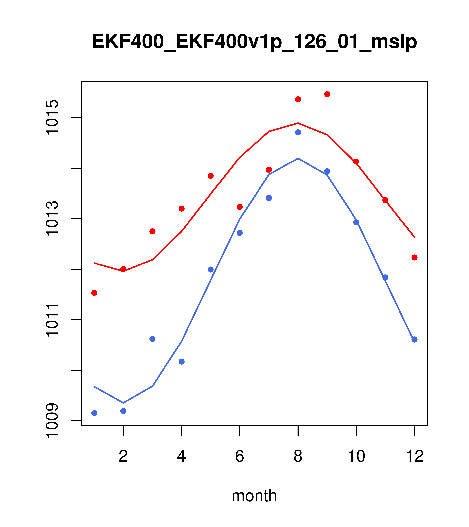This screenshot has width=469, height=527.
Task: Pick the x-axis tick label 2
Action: point(123,456)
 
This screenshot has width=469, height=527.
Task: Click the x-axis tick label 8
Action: point(298,456)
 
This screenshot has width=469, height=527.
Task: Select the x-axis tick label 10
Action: point(356,456)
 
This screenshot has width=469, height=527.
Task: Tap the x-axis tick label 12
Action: point(415,456)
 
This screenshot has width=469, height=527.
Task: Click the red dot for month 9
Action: point(327,94)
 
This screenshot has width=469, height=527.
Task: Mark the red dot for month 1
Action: point(94,293)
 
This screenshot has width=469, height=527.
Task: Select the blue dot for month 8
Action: point(298,132)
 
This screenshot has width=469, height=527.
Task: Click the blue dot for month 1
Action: point(94,413)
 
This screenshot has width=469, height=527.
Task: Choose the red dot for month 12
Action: point(415,257)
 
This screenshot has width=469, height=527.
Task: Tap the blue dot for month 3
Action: point(153,339)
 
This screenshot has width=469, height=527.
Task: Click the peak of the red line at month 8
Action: point(298,123)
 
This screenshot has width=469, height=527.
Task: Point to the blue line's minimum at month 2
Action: point(123,403)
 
